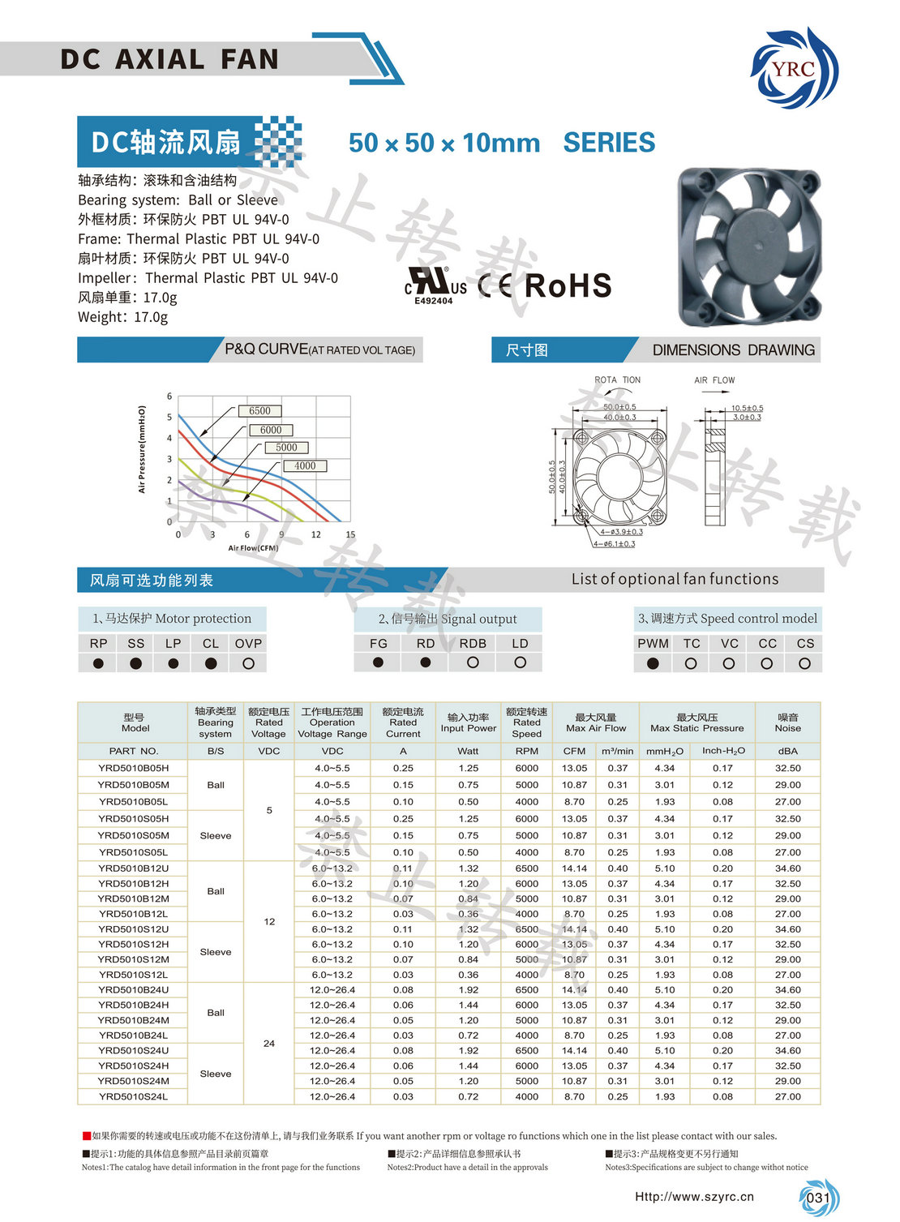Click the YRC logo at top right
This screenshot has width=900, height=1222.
tap(794, 68)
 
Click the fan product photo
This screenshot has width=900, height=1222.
tap(748, 247)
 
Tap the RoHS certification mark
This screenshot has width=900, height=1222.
tap(568, 286)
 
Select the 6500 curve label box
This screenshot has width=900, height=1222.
tap(259, 411)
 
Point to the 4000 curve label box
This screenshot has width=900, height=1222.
tap(305, 465)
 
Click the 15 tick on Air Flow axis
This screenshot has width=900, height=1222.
tap(350, 535)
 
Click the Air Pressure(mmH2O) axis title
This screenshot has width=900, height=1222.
tap(142, 449)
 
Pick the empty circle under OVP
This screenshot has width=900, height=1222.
tap(248, 663)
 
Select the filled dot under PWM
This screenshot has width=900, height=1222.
tap(653, 663)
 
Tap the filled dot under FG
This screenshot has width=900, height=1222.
tap(378, 662)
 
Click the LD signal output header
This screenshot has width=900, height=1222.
tap(520, 643)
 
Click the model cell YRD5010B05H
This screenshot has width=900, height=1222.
tap(134, 768)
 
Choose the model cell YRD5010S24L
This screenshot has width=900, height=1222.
tap(134, 1096)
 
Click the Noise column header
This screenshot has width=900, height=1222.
tap(787, 722)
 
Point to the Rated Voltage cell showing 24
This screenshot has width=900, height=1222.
tap(269, 1044)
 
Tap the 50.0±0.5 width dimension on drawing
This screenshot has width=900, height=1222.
tap(619, 407)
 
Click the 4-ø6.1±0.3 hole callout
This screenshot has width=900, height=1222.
tap(614, 544)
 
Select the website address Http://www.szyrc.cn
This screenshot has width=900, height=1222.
tap(694, 1196)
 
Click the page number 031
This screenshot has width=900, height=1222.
tap(818, 1198)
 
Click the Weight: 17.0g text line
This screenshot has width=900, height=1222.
tap(123, 317)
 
